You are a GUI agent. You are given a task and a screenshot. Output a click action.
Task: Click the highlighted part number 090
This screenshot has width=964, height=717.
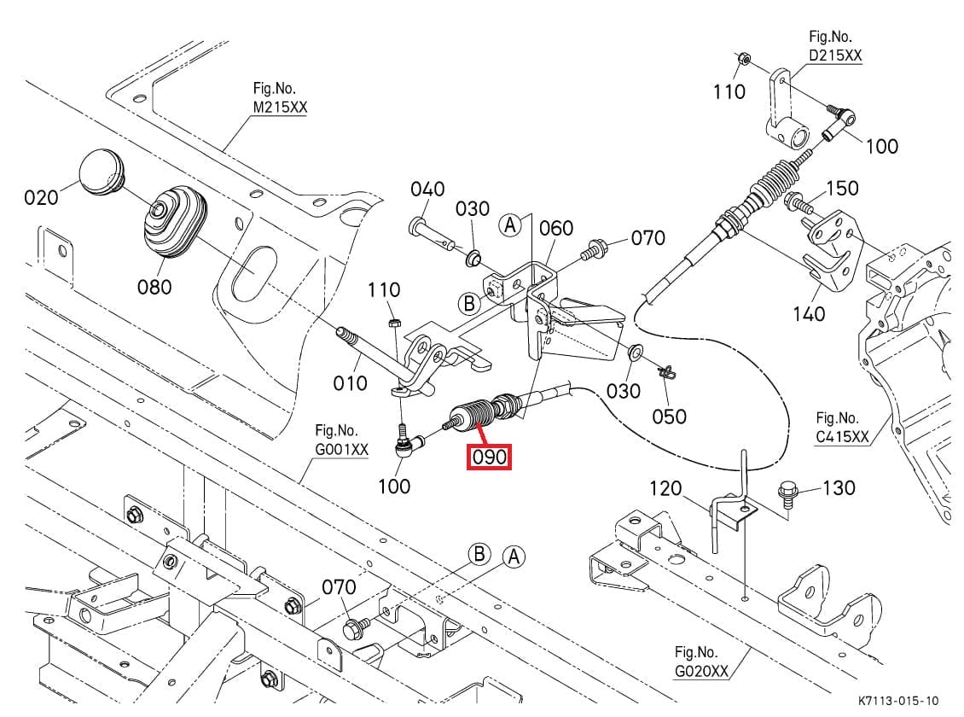pyautogui.click(x=490, y=458)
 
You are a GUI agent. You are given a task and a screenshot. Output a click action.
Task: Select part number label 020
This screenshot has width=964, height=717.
pyautogui.click(x=42, y=197)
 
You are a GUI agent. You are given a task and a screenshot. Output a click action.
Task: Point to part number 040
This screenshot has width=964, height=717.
pyautogui.click(x=427, y=189)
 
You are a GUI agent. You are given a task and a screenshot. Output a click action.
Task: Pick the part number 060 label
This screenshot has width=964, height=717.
pyautogui.click(x=556, y=228)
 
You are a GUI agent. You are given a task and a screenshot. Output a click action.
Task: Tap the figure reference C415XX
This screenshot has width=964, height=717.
pyautogui.click(x=842, y=437)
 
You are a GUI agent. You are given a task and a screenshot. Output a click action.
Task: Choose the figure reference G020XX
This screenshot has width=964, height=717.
pyautogui.click(x=701, y=671)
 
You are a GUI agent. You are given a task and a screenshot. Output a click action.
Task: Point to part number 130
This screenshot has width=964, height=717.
pyautogui.click(x=839, y=487)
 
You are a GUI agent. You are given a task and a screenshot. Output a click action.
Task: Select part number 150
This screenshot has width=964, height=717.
pyautogui.click(x=842, y=188)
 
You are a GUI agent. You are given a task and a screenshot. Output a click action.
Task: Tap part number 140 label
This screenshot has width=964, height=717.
pyautogui.click(x=809, y=313)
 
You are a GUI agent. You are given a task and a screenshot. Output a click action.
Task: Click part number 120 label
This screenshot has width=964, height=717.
pyautogui.click(x=665, y=488)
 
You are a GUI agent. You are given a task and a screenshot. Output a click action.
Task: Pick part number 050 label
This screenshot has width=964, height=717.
pyautogui.click(x=669, y=416)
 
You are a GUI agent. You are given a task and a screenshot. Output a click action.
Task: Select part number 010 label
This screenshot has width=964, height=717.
pyautogui.click(x=350, y=382)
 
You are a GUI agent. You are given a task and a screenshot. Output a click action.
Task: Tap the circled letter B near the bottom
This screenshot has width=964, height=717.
pyautogui.click(x=480, y=555)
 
